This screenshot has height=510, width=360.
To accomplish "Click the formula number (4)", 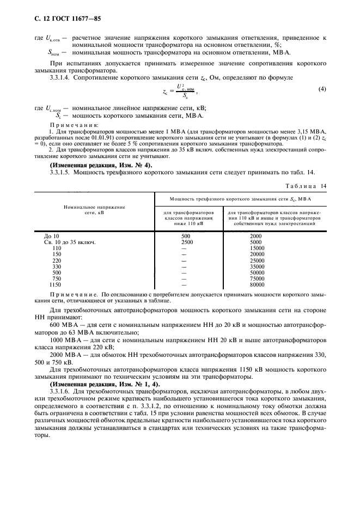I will [322, 88].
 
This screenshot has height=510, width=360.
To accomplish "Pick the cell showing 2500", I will [186, 242].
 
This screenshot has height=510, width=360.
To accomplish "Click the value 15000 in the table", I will [257, 248].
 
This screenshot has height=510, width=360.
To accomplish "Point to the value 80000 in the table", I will [257, 284].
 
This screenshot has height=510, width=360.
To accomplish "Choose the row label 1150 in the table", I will [56, 284].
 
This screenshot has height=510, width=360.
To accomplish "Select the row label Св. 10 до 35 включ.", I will [70, 242].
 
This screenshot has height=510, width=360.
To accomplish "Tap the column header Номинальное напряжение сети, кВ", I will [94, 211].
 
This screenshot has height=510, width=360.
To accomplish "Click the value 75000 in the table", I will [257, 278].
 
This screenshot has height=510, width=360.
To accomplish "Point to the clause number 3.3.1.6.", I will [63, 391].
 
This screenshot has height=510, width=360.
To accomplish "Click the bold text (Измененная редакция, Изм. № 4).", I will [101, 165].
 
